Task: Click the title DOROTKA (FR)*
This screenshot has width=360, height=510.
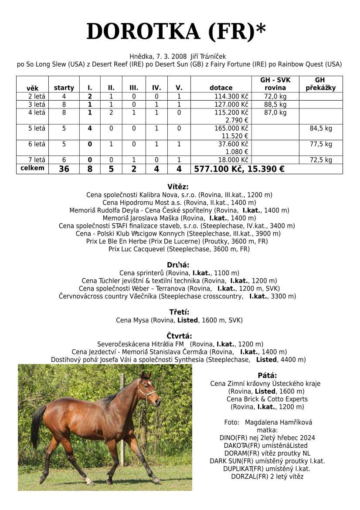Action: click(x=176, y=32)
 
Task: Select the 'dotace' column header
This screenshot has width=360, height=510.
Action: click(x=221, y=88)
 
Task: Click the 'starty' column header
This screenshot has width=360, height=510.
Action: click(x=64, y=88)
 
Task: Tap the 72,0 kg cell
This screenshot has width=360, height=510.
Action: click(x=275, y=96)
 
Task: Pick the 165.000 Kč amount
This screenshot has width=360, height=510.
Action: click(x=231, y=128)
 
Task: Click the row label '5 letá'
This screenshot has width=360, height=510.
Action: click(x=37, y=128)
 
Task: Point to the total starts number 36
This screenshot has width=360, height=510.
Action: click(x=64, y=169)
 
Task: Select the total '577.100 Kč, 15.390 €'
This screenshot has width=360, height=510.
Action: click(x=239, y=169)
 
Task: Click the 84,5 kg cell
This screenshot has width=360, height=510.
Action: click(x=321, y=128)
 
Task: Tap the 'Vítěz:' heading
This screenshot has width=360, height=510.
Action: click(x=178, y=187)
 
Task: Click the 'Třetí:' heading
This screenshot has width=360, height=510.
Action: click(x=179, y=312)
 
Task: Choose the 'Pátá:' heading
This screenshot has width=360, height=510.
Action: click(x=267, y=375)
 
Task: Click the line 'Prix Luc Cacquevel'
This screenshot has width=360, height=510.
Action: click(x=179, y=250)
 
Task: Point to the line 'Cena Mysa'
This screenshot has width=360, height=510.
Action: click(x=179, y=320)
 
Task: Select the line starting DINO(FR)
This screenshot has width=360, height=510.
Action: click(x=267, y=438)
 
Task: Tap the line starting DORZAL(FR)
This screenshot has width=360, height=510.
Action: click(x=267, y=476)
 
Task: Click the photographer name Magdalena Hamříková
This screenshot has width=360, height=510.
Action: click(x=278, y=422)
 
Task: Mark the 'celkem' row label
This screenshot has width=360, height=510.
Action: click(x=33, y=168)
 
